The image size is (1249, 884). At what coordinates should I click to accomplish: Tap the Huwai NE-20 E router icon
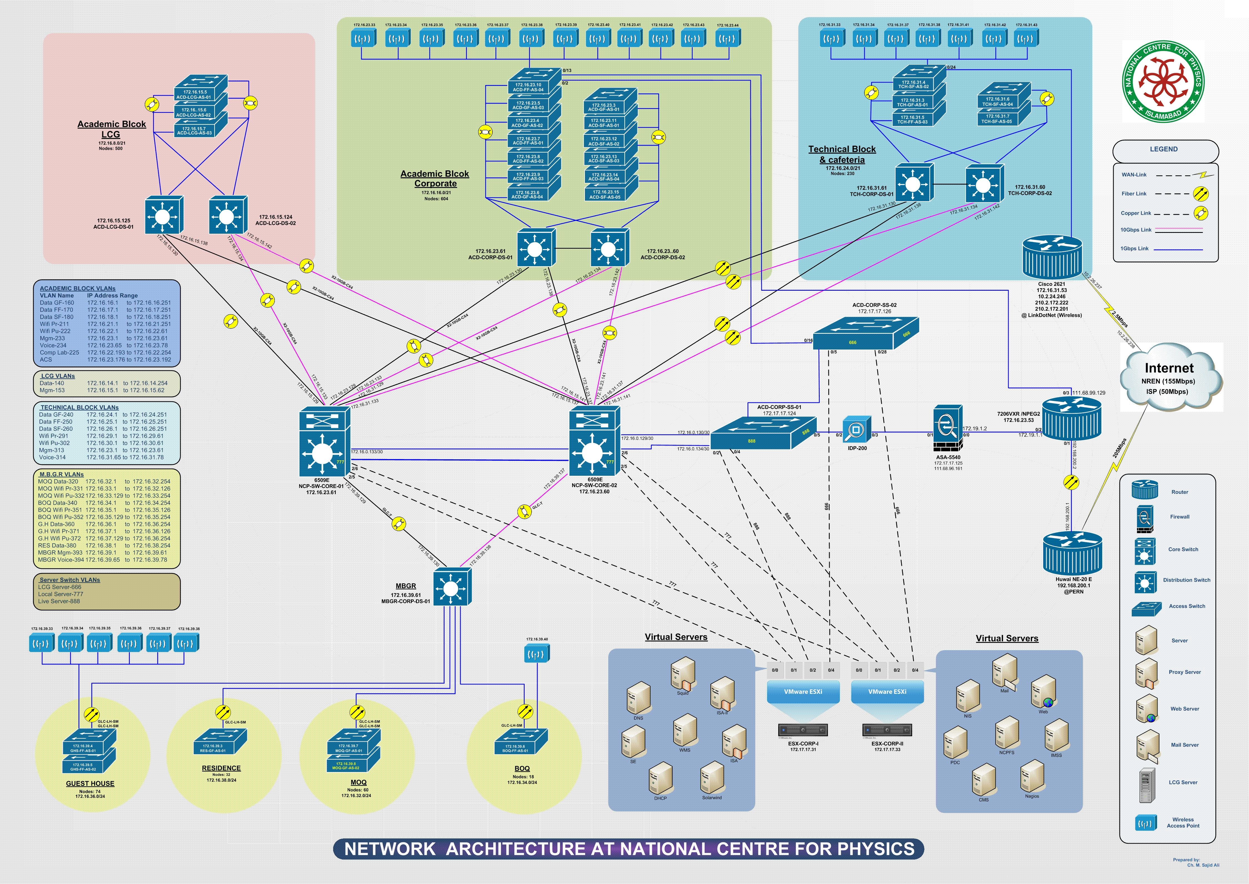(x=1072, y=552)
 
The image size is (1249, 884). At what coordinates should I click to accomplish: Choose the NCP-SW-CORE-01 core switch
(x=324, y=442)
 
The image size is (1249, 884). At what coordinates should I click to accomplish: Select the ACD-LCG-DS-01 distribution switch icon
(x=163, y=216)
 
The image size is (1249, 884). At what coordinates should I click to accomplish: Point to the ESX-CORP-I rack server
(x=803, y=729)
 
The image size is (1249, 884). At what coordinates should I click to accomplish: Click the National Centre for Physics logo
(x=1163, y=82)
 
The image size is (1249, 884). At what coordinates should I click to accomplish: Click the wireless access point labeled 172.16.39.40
(x=537, y=653)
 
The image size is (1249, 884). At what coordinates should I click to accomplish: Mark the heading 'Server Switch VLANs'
(x=70, y=580)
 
